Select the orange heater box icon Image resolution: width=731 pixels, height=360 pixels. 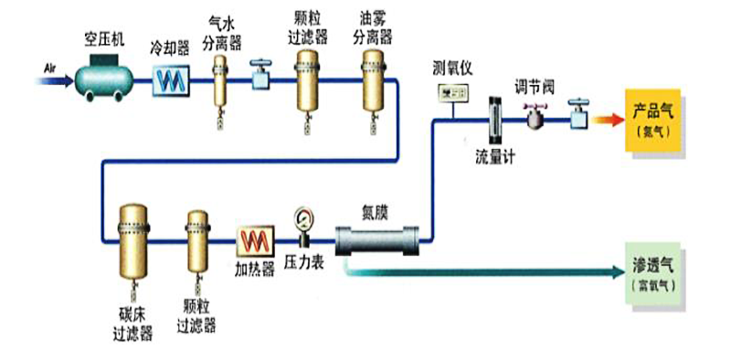pyautogui.click(x=255, y=242)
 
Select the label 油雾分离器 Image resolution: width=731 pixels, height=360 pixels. pyautogui.click(x=373, y=27)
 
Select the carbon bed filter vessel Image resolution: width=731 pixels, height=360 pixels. pyautogui.click(x=132, y=241)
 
